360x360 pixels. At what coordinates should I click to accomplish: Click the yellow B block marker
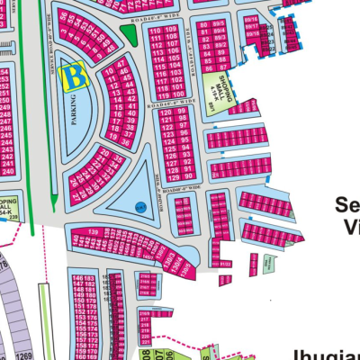tap(74, 77)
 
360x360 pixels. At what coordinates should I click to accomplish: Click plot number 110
tap(157, 32)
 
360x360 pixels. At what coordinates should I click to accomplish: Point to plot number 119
tap(157, 94)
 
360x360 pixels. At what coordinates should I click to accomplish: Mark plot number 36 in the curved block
tap(124, 142)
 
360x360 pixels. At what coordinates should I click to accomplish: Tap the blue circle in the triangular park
tap(139, 206)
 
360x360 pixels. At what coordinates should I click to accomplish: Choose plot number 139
tap(93, 232)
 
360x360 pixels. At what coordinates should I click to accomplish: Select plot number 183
tap(90, 279)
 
